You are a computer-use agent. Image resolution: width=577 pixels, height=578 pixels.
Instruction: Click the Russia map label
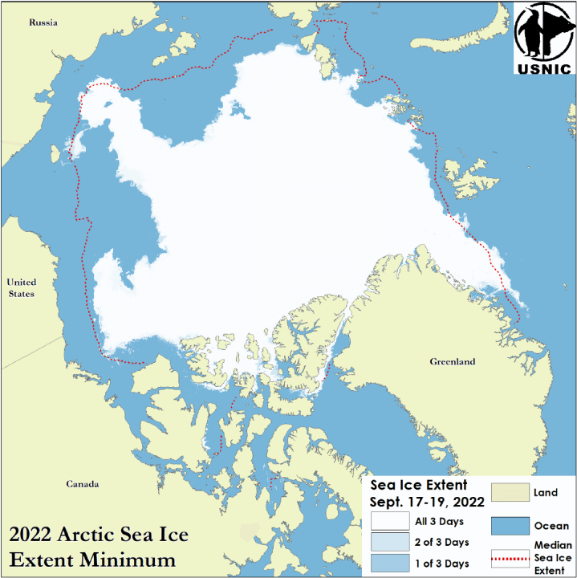point(43,22)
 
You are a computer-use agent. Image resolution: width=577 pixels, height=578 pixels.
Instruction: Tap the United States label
point(22,287)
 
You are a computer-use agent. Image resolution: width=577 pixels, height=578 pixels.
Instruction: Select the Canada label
point(83,484)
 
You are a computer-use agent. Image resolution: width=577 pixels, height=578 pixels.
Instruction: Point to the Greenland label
point(452,362)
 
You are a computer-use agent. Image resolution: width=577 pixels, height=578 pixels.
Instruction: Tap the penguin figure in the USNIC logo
point(532,32)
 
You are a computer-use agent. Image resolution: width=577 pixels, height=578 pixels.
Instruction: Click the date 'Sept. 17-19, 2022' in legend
point(427,503)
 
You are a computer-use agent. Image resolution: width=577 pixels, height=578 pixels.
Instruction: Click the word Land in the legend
point(545,492)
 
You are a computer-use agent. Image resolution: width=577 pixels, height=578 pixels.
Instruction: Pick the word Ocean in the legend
point(551,526)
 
